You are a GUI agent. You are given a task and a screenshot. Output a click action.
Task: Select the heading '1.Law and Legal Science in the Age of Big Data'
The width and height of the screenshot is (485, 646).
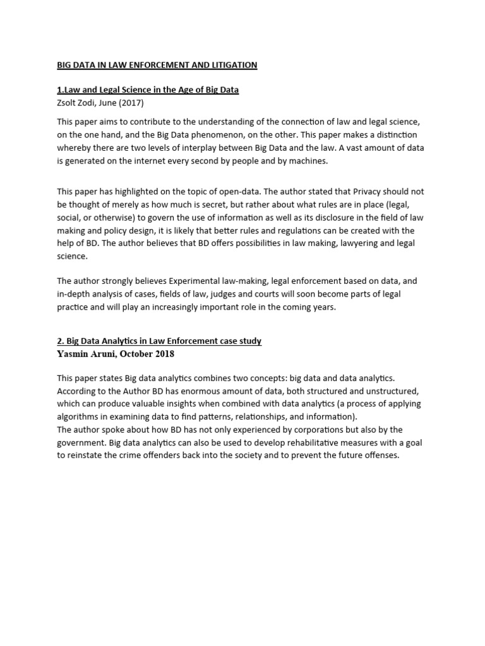click(148, 90)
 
